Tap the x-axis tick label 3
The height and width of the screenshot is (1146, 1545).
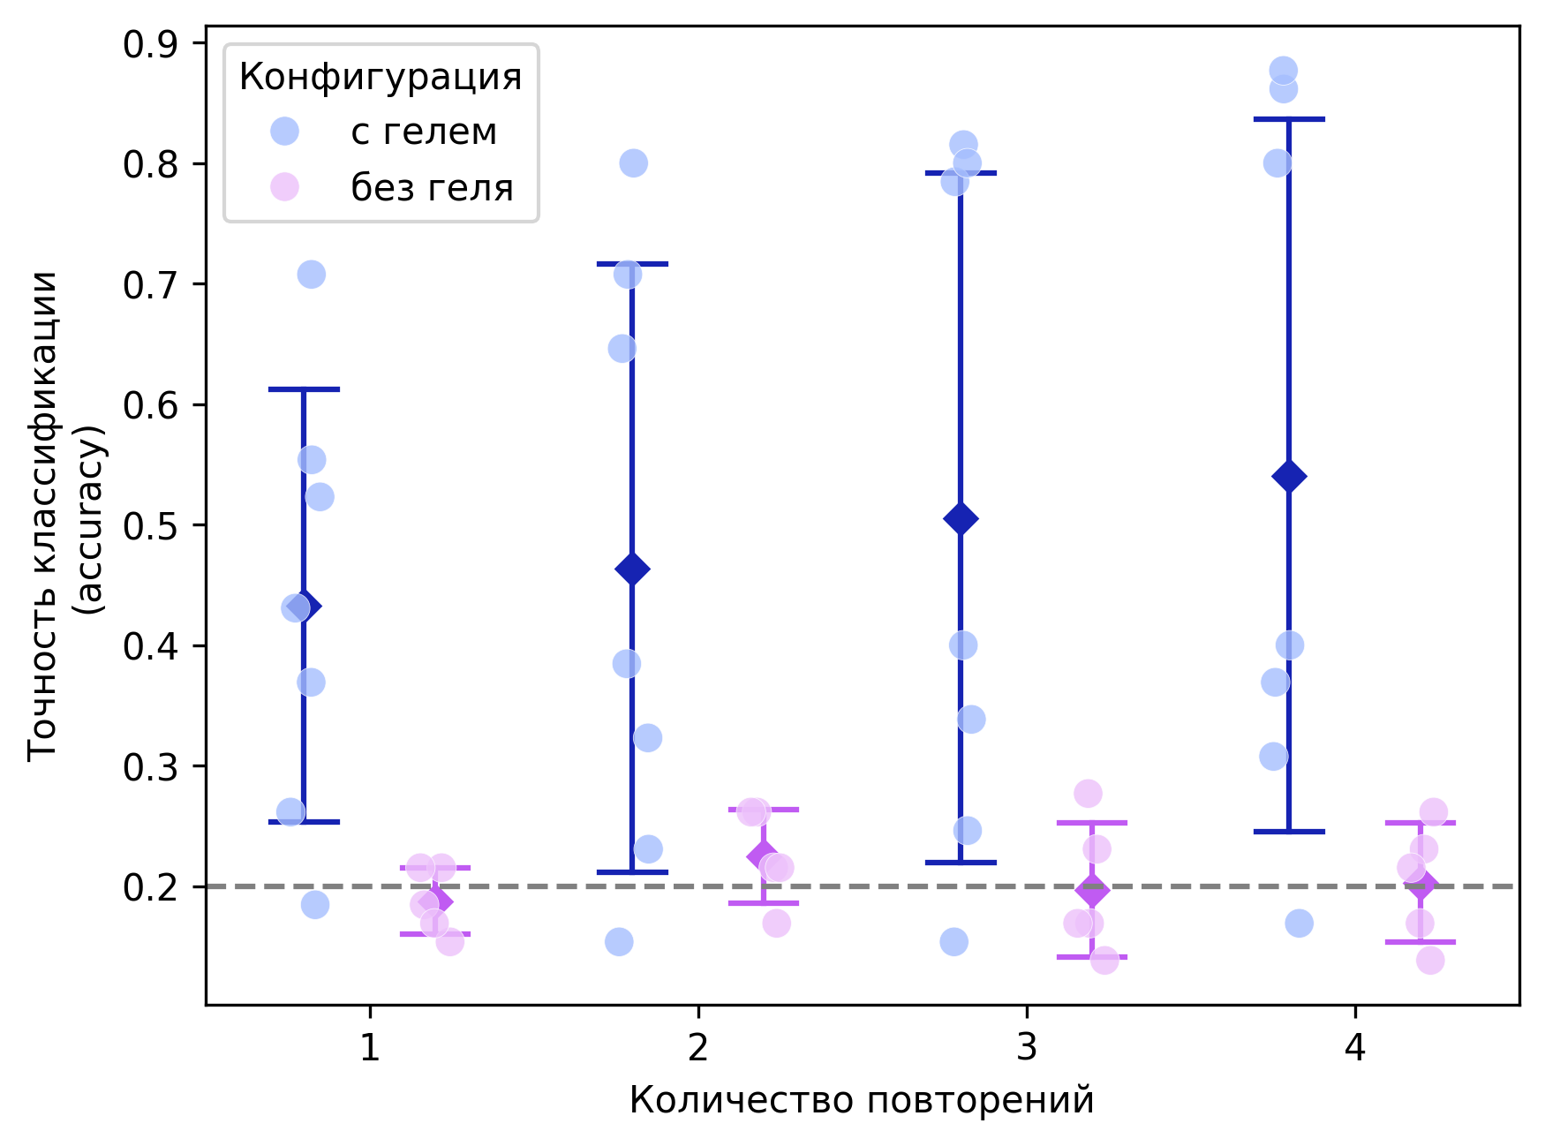1026,1048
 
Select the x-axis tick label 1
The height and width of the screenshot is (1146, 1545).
369,1048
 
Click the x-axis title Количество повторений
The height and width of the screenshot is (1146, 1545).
862,1101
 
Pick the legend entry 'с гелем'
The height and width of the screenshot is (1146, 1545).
424,132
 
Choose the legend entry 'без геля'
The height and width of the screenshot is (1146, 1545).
432,188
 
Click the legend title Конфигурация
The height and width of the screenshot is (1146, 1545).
381,78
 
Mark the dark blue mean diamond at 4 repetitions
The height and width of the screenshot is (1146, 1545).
1289,477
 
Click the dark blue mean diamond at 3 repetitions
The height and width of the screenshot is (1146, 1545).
961,518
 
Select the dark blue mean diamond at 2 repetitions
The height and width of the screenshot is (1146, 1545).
632,569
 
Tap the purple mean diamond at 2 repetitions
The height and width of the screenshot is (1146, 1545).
763,856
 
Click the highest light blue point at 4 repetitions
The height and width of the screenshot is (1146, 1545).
1283,70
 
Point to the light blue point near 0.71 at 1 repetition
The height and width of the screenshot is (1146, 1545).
311,275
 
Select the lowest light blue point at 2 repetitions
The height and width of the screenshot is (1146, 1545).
619,942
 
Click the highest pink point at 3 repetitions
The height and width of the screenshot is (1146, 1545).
1088,793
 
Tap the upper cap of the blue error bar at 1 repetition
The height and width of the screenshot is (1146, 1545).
304,389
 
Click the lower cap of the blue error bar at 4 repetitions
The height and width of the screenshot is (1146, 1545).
1289,832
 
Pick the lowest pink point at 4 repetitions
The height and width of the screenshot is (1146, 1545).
1430,960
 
